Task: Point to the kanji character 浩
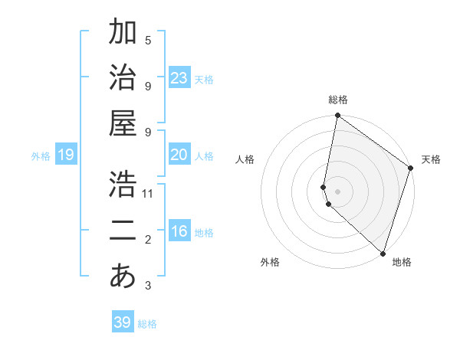[123, 184]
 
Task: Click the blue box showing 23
[179, 78]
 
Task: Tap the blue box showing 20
[179, 155]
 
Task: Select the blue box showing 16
[179, 231]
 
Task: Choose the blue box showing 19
[65, 155]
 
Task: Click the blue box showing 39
[122, 322]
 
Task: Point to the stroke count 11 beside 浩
[148, 194]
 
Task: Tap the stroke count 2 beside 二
[148, 240]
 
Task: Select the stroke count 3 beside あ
[148, 286]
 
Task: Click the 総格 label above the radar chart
[338, 100]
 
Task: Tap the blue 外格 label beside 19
[41, 156]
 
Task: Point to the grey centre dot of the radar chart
[338, 191]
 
